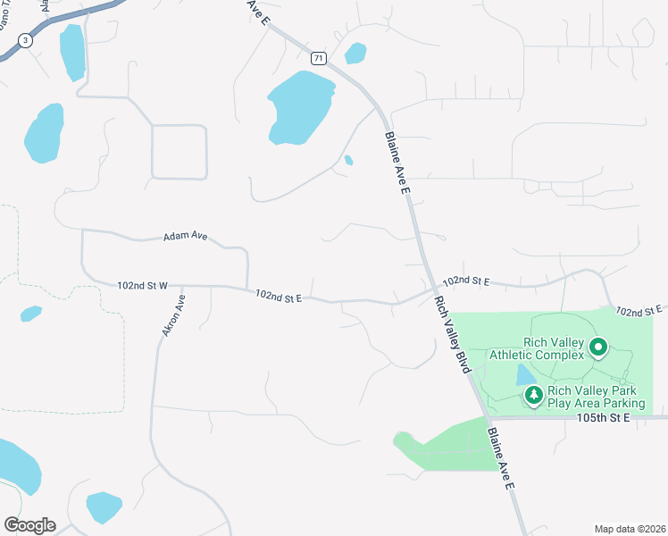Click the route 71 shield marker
tap(319, 58)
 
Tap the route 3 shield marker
tap(25, 40)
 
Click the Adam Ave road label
tap(185, 237)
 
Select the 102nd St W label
tap(142, 286)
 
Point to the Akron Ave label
tap(172, 315)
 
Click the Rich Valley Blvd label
tap(452, 336)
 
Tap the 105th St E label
tap(604, 417)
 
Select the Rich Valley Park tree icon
tap(534, 394)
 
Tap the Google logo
tap(29, 524)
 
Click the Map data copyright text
tap(630, 529)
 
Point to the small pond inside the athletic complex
tap(522, 374)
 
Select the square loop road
tap(180, 152)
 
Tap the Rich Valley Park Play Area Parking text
tap(596, 397)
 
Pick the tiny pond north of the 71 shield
tap(355, 53)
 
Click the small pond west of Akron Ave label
tap(30, 314)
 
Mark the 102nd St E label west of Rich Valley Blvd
tap(278, 295)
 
